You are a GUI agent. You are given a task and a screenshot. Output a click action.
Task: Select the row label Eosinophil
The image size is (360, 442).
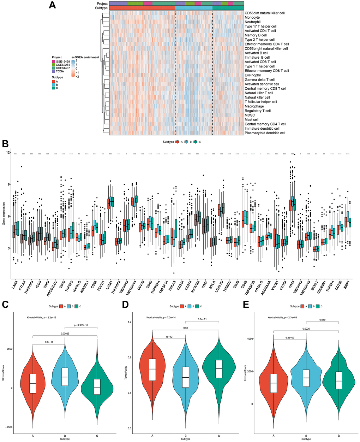(253, 75)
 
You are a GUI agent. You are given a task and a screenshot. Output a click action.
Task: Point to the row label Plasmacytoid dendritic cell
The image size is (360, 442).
(265, 133)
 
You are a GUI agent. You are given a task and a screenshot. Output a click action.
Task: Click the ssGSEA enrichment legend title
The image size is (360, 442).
(85, 57)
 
